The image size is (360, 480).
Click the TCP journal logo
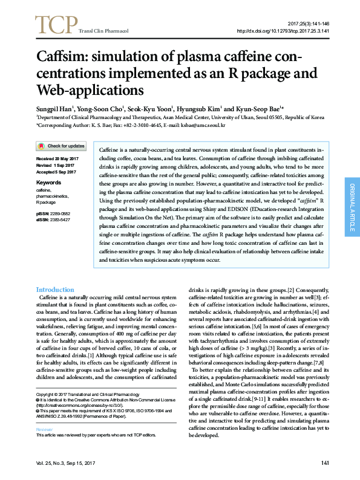[56, 24]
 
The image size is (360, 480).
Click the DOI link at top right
[282, 30]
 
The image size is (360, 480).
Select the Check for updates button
[61, 146]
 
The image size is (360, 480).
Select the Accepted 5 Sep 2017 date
[56, 172]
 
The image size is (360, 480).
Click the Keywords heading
[49, 182]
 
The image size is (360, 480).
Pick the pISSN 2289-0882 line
[53, 214]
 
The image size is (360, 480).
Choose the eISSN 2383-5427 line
[53, 219]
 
